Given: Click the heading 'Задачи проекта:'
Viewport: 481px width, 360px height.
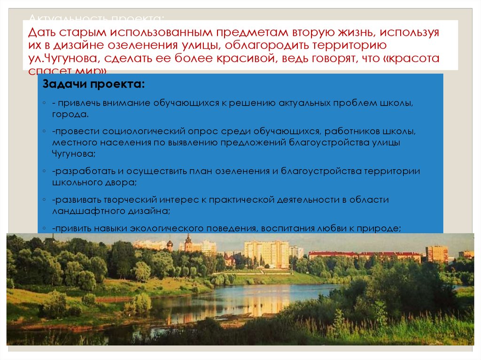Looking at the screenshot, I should coord(94,85).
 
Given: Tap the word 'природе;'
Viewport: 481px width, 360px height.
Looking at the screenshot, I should coord(382,228).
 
